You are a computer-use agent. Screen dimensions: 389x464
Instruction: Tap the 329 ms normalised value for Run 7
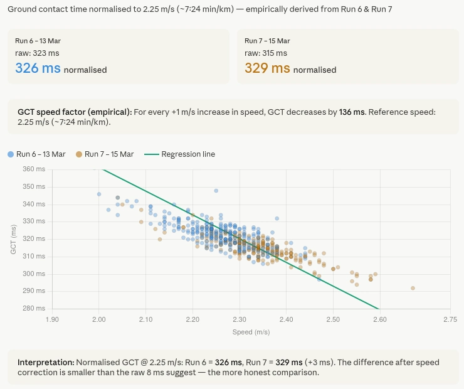[267, 68]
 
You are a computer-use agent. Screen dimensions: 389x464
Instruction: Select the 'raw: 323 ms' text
[38, 54]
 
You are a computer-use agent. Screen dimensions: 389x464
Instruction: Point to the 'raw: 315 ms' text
[266, 54]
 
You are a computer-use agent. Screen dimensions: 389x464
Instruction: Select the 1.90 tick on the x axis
[52, 319]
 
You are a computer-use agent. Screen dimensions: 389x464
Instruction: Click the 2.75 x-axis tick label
[450, 319]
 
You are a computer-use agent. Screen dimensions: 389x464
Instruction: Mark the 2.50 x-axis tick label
[333, 319]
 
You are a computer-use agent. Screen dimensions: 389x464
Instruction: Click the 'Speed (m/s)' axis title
[251, 331]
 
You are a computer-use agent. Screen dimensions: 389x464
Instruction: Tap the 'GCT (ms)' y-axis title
[13, 239]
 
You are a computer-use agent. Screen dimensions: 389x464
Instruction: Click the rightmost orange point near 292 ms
[413, 288]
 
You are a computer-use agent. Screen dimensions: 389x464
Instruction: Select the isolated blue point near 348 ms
[216, 190]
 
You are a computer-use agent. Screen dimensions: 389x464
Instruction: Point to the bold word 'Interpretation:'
[45, 363]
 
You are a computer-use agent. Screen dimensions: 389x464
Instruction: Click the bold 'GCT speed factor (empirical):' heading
[75, 112]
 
